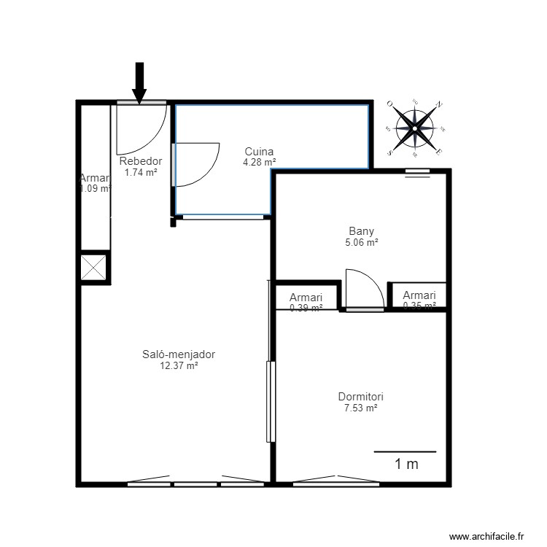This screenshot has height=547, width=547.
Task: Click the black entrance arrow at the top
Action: coord(139,81)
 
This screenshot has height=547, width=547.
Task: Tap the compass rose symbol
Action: coord(415,128)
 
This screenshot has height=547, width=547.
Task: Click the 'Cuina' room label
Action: coord(259,152)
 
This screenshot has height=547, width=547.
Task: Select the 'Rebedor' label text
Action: coord(140,161)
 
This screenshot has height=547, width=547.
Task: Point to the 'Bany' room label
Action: coord(362,231)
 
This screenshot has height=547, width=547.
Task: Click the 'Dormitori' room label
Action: coord(360,397)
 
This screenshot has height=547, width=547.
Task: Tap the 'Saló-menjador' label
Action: coord(179,354)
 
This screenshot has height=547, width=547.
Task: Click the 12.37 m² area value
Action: coord(179,366)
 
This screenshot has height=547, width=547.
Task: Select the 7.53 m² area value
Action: coord(360,408)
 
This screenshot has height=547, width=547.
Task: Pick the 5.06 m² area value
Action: coord(362,243)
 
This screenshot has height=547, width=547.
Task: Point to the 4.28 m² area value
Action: coord(259,163)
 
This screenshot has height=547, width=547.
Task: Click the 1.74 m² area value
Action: coord(140,173)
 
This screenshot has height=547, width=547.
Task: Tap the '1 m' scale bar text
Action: coord(406,463)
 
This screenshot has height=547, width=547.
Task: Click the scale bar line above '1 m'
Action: coord(405,451)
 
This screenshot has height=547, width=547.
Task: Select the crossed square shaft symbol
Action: coord(94,267)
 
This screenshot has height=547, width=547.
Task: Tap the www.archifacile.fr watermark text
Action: coord(486,536)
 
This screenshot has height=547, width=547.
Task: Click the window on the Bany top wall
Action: coord(417,172)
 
